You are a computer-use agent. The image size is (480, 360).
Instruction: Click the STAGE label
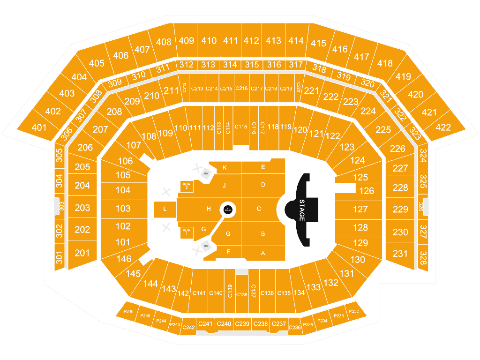coord(301,210)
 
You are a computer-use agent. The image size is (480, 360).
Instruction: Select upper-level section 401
coord(39,127)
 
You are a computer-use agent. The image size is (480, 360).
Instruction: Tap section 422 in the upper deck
coord(443,127)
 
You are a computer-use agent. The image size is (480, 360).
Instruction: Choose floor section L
coord(165,210)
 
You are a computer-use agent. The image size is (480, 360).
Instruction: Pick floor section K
coord(225,167)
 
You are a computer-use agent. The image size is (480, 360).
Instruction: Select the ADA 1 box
coord(187,232)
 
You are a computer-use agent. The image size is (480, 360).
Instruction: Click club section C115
coord(241,127)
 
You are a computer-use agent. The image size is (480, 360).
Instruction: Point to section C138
coord(241,294)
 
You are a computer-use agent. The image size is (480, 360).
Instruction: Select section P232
coord(354,311)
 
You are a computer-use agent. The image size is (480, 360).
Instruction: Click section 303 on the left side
coord(59,206)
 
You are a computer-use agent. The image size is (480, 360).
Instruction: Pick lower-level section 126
coord(367,191)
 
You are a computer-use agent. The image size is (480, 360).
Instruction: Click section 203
coord(82,208)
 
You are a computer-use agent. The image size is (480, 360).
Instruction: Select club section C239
coord(242,324)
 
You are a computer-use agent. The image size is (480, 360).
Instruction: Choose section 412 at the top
coord(251,41)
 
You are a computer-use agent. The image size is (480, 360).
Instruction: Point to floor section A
coord(263,253)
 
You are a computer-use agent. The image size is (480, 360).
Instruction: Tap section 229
coord(400,210)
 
